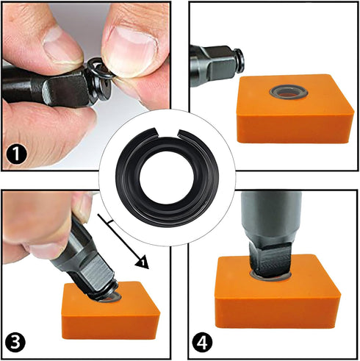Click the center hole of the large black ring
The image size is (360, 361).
click(168, 181)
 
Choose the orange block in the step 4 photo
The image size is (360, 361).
click(279, 301)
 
